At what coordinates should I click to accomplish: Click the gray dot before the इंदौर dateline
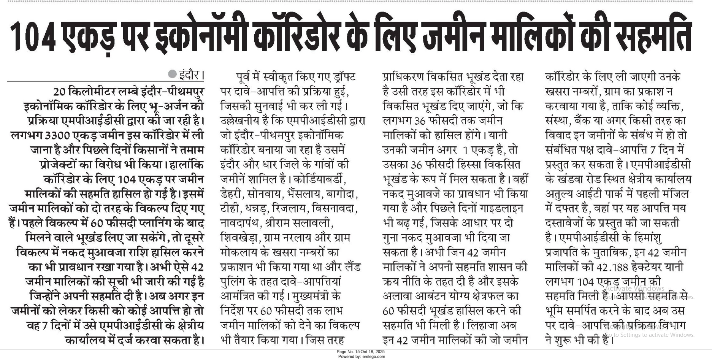(173, 74)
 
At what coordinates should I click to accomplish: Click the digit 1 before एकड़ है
(465, 150)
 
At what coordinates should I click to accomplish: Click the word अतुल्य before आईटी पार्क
(561, 194)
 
